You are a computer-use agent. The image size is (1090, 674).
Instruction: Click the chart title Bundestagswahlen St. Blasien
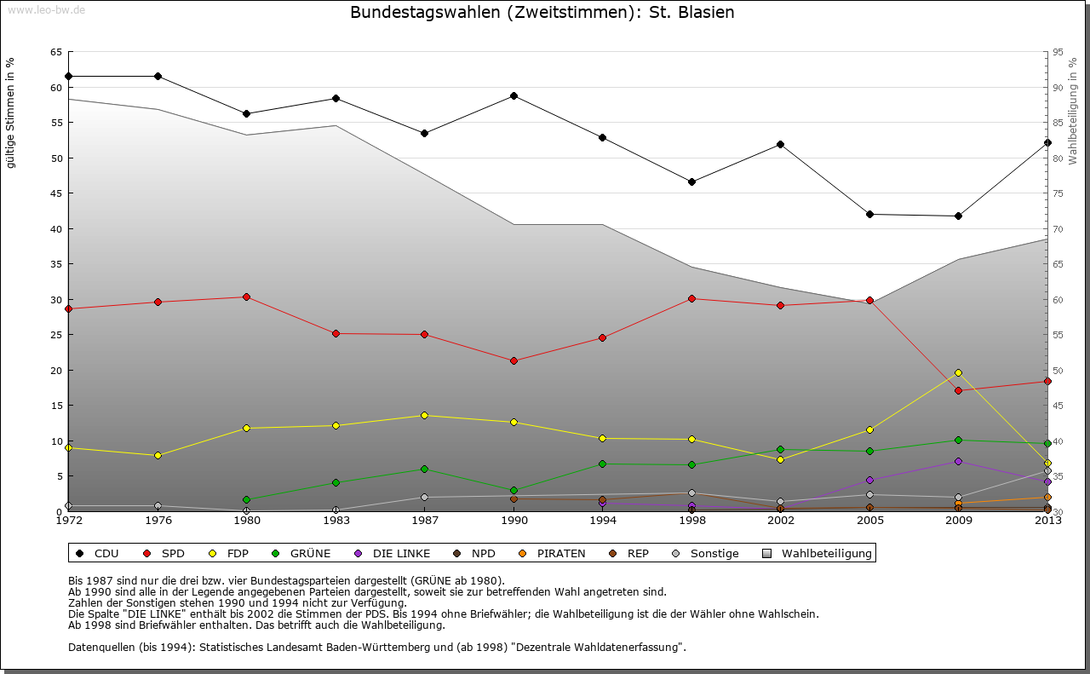coord(542,13)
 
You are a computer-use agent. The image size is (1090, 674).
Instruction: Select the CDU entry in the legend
coord(106,553)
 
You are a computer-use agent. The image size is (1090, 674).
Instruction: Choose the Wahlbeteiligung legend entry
coord(826,553)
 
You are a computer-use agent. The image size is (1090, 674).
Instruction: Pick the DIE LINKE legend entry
coord(401,553)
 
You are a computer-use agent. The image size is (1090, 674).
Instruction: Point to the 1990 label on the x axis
coord(513,521)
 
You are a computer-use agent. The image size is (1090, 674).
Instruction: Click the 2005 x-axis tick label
coord(869,521)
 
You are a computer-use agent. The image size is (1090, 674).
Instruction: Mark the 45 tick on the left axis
coord(55,193)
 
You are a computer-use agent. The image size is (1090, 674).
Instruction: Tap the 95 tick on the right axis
coord(1058,52)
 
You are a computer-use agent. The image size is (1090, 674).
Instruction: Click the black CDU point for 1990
coord(513,95)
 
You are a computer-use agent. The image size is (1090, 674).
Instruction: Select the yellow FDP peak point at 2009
coord(958,372)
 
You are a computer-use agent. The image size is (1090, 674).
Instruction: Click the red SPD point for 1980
coord(246,297)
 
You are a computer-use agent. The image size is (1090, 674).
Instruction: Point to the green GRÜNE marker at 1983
coord(336,482)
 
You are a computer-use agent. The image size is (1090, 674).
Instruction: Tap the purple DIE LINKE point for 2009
coord(958,461)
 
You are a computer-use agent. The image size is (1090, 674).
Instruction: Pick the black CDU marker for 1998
coord(691,181)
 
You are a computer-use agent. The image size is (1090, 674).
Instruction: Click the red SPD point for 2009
coord(958,390)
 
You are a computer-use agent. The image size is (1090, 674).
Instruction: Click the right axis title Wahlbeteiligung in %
coord(1074,111)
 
